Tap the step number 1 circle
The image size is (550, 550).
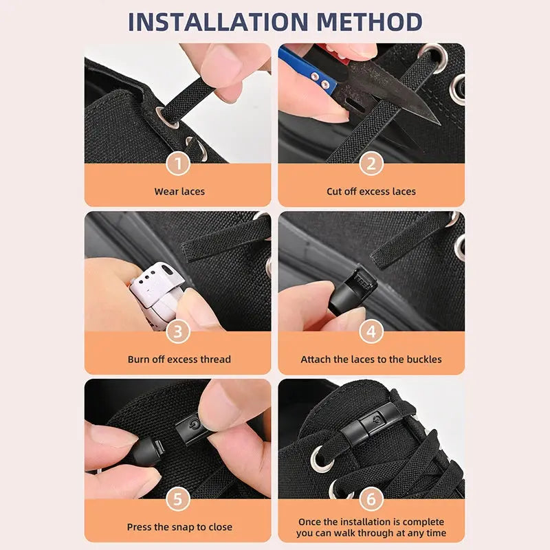pyautogui.click(x=179, y=164)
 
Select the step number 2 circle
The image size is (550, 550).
pyautogui.click(x=371, y=164)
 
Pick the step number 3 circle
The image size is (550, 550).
pyautogui.click(x=179, y=331)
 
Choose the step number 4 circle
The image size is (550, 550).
pyautogui.click(x=371, y=331)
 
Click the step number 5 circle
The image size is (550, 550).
pyautogui.click(x=179, y=499)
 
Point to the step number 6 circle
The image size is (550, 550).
pyautogui.click(x=371, y=499)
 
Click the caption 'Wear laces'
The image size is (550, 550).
pyautogui.click(x=179, y=191)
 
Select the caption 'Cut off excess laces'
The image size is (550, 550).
pyautogui.click(x=371, y=191)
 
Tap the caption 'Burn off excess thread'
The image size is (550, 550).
pyautogui.click(x=179, y=359)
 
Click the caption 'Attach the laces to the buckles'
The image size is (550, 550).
pyautogui.click(x=371, y=359)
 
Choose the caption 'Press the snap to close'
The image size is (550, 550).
pyautogui.click(x=179, y=527)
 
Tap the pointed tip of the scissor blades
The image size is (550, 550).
pyautogui.click(x=436, y=122)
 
